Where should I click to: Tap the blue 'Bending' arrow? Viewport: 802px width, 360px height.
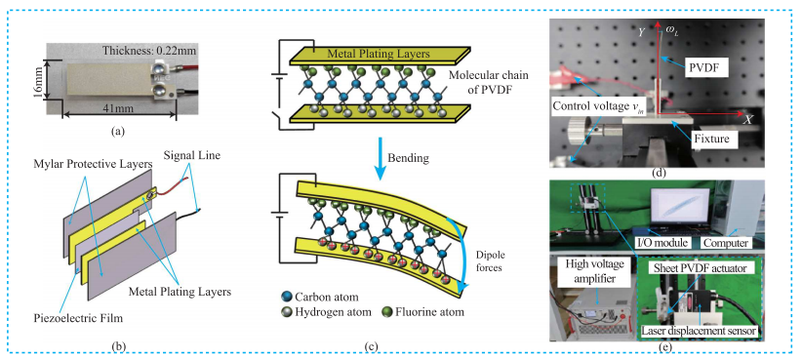tap(381, 156)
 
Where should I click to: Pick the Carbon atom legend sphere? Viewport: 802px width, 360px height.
tap(286, 298)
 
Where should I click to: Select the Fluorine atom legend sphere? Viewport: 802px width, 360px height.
tap(389, 311)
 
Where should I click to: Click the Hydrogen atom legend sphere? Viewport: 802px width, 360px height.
tap(286, 311)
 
